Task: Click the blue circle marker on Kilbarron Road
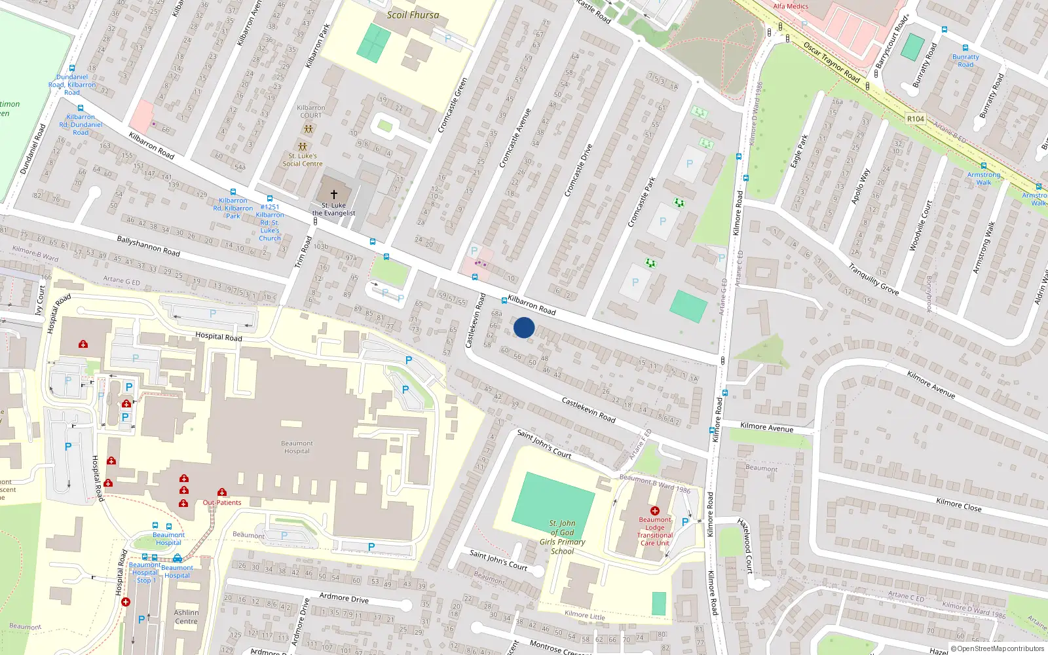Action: [523, 327]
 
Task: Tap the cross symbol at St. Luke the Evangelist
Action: [333, 194]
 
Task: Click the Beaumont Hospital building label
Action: [297, 447]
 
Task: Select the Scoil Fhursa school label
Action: [413, 14]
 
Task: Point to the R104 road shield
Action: [915, 119]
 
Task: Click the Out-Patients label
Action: [221, 502]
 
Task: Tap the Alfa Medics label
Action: [791, 6]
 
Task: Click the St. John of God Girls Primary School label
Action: [562, 537]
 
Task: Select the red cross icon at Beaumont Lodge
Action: [654, 510]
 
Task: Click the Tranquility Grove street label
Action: [873, 279]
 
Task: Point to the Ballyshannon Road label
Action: [148, 246]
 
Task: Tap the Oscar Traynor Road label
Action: [831, 63]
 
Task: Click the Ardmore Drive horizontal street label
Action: [344, 597]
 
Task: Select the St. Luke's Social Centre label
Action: [302, 160]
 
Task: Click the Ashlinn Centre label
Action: [186, 617]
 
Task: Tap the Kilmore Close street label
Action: [958, 504]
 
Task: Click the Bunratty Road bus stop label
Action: [965, 60]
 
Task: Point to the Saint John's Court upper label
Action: [544, 444]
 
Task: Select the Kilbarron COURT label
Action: [310, 111]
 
